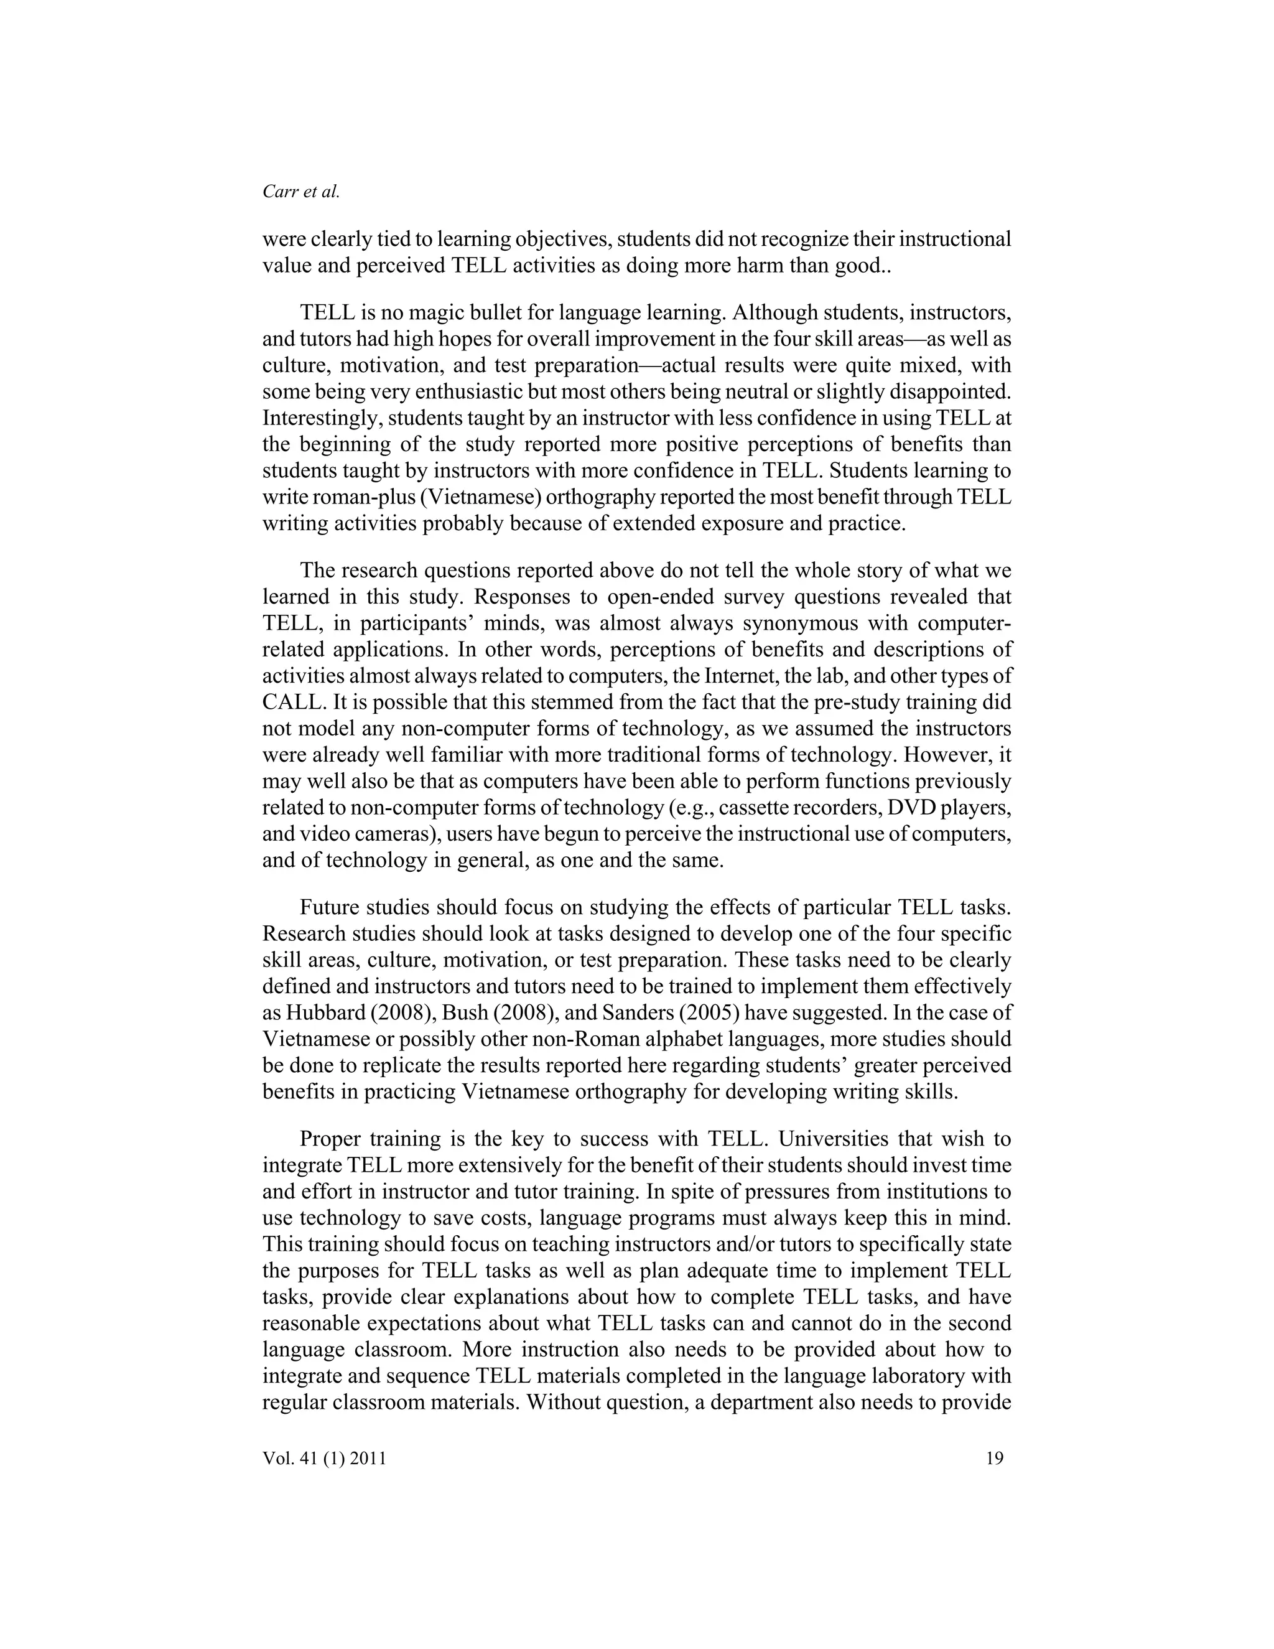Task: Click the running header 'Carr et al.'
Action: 301,192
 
